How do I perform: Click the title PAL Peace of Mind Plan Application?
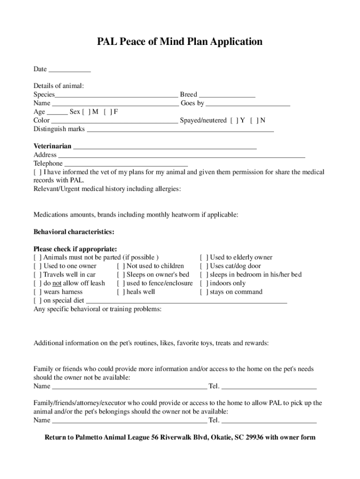click(x=180, y=42)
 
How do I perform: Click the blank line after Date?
click(x=70, y=70)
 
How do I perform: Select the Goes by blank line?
click(x=248, y=103)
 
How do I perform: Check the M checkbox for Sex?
click(x=86, y=112)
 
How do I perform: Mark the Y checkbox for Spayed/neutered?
click(x=235, y=121)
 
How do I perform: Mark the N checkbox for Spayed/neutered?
click(x=254, y=121)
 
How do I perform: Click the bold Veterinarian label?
click(x=52, y=146)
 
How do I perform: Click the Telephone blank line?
click(x=126, y=164)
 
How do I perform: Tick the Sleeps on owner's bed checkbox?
click(x=121, y=275)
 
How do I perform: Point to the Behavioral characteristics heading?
click(x=74, y=232)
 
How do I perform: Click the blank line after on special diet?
click(x=187, y=301)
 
